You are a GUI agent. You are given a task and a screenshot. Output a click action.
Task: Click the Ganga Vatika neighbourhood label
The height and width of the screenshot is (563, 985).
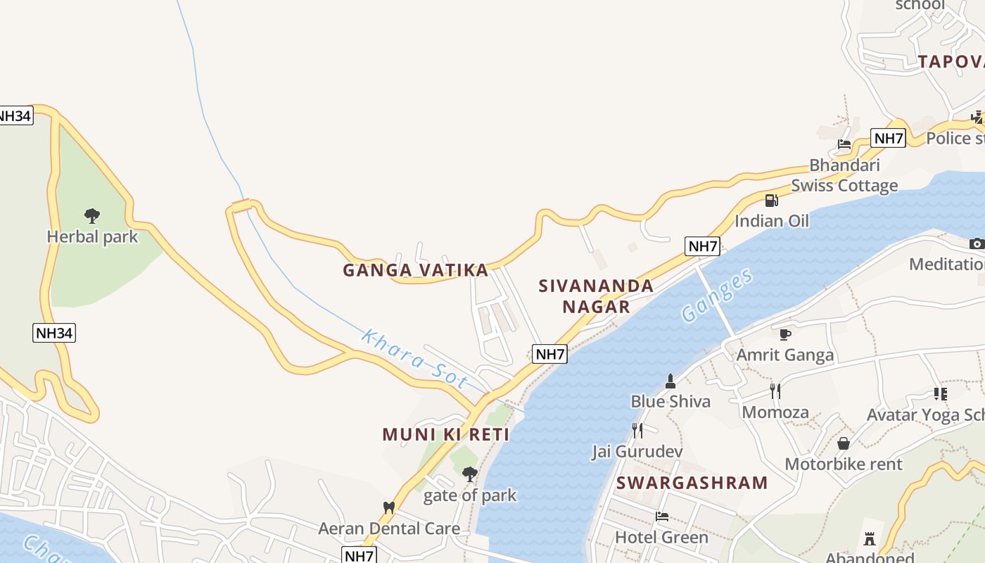(415, 270)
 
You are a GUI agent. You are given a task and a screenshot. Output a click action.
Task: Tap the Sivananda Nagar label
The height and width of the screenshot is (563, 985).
(596, 296)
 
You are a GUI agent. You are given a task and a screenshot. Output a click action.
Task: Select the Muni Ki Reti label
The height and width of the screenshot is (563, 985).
(446, 434)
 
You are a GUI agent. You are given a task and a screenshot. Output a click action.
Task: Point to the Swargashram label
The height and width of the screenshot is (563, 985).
(692, 483)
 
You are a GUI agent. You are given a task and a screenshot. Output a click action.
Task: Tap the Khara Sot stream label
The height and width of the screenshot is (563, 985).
(414, 359)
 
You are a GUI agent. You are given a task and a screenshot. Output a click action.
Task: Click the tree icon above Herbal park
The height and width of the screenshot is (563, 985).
(91, 215)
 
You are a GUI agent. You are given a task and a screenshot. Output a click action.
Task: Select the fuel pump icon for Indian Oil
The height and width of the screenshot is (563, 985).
(772, 200)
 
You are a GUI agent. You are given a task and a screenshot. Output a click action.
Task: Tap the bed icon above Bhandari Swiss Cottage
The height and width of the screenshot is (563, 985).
(844, 144)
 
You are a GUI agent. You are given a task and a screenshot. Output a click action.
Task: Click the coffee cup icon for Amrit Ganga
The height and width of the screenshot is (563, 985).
(785, 334)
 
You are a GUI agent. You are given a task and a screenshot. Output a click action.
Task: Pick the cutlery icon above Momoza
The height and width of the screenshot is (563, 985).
(775, 391)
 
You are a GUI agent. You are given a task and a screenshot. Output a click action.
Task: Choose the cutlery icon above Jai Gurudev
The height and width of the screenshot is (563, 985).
(637, 430)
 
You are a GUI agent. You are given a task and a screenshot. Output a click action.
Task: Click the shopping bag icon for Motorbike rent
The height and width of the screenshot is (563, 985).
(843, 443)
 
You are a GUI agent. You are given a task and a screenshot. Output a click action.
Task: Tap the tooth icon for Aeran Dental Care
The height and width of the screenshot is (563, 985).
(388, 507)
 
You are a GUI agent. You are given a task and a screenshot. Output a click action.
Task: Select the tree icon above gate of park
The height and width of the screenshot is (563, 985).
(470, 474)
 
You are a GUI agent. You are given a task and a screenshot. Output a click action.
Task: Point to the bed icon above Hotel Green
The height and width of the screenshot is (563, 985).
(661, 517)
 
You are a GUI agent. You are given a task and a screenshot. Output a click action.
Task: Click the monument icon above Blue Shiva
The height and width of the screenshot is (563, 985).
(671, 381)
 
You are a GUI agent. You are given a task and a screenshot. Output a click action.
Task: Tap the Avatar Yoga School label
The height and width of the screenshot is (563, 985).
(925, 415)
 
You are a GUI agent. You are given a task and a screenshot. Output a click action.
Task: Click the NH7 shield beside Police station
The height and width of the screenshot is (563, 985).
(888, 138)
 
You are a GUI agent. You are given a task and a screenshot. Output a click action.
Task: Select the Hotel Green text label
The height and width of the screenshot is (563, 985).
(661, 538)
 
